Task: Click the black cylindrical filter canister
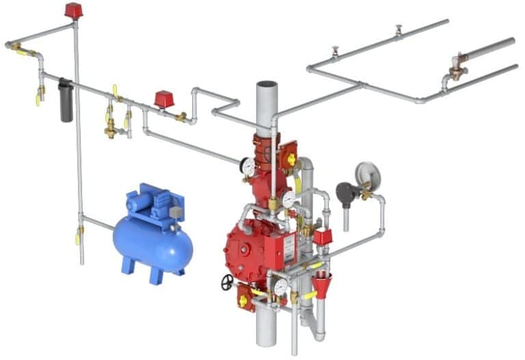(66, 100)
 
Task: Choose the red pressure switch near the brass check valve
(163, 99)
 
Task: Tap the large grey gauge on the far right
(367, 173)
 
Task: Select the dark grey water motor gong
(346, 195)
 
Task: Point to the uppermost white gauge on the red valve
(247, 166)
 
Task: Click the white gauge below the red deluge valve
(280, 288)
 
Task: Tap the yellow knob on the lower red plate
(243, 301)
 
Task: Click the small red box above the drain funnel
(322, 237)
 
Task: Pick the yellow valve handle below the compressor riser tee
(77, 238)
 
